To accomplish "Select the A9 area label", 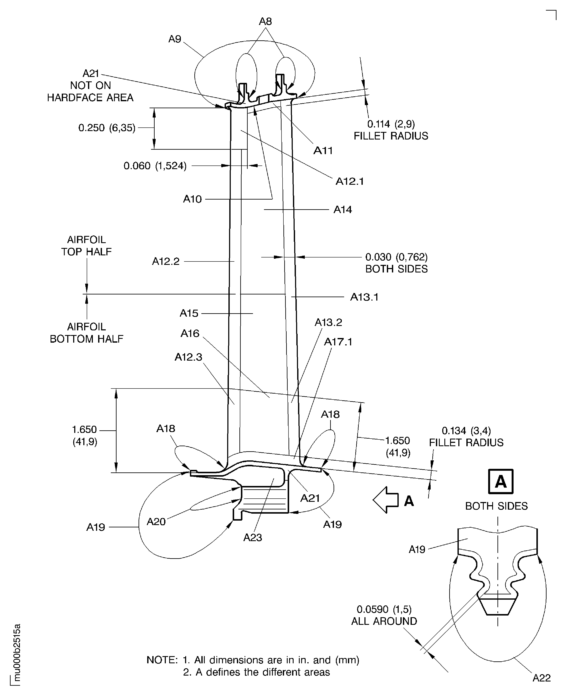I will [x=174, y=39].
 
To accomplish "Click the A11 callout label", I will [x=323, y=150].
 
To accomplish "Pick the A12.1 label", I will [x=349, y=181].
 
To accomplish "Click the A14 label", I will [x=342, y=209].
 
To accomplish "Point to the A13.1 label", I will [x=364, y=297].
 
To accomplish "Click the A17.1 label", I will [x=338, y=342].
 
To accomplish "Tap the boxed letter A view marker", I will [x=500, y=481].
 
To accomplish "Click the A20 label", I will [x=156, y=522].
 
